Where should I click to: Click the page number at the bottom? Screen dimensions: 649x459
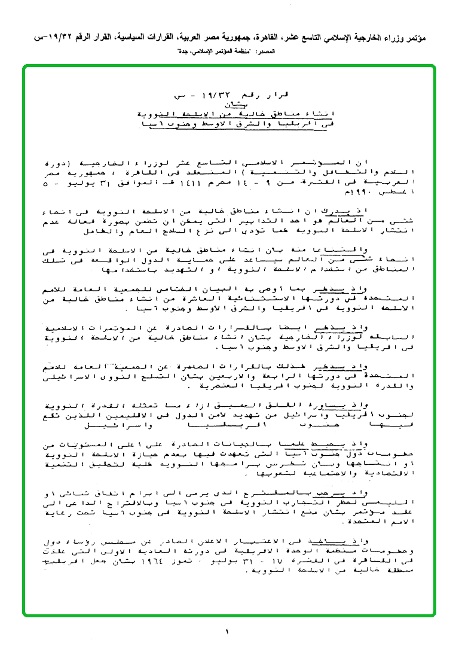228,631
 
